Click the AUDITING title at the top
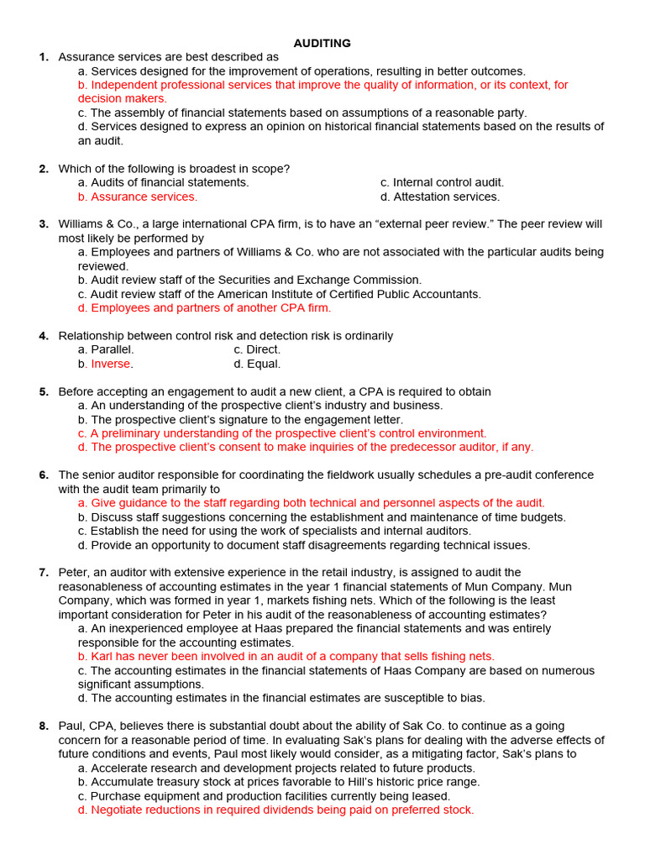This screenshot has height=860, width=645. click(x=322, y=43)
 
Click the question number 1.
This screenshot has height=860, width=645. click(x=43, y=57)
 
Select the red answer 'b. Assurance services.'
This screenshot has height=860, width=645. click(x=138, y=197)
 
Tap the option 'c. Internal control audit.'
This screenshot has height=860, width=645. click(x=442, y=182)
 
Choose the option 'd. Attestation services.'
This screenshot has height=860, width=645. click(x=439, y=197)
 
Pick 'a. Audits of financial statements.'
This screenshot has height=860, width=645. click(x=163, y=182)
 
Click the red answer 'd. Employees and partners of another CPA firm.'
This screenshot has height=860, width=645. click(x=204, y=307)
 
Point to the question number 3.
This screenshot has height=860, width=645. click(x=43, y=224)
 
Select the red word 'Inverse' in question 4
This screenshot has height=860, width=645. click(x=111, y=364)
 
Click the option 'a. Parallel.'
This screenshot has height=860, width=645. click(x=106, y=349)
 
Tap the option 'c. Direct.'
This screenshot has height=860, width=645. click(x=257, y=349)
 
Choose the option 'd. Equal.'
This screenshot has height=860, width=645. click(x=257, y=364)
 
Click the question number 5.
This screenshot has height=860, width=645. click(x=43, y=391)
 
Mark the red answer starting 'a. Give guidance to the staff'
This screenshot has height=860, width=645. click(x=311, y=503)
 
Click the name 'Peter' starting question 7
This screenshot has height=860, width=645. click(x=73, y=573)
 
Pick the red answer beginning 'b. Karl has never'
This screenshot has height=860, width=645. click(x=286, y=656)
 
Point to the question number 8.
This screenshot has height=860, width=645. click(x=43, y=726)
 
